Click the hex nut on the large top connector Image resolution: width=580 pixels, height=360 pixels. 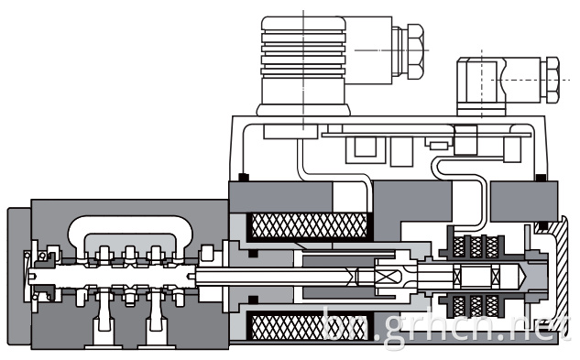pos(415,51)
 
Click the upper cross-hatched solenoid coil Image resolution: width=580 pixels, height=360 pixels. pos(309,226)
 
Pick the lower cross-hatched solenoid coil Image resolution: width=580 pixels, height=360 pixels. pos(309,325)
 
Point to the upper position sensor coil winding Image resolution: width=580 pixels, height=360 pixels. pos(476,246)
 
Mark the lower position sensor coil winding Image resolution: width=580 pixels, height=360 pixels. pos(476,307)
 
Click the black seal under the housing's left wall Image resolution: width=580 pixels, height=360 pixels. pos(244,177)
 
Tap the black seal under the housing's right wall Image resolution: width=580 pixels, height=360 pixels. pos(541,178)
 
